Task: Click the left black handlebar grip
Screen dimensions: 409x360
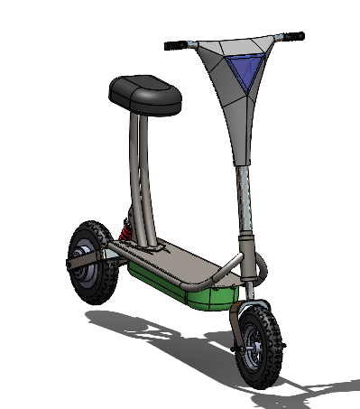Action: [177, 44]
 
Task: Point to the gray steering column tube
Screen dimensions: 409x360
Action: [243, 194]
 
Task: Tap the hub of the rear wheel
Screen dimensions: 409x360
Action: [89, 262]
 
